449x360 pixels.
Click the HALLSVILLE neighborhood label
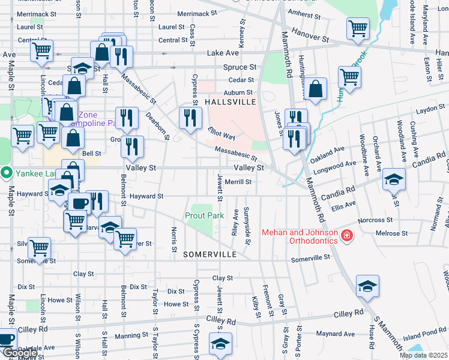[x=231, y=103]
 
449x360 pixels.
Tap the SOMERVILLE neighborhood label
[x=209, y=254]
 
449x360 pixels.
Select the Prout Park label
[x=204, y=215]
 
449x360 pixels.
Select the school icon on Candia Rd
[x=394, y=179]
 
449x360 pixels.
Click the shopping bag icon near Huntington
[x=316, y=90]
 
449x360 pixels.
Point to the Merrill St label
[x=237, y=182]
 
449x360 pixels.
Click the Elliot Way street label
[x=221, y=136]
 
